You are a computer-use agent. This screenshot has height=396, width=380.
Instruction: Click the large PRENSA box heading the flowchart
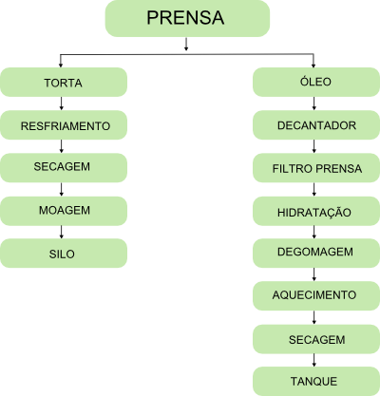coord(187,18)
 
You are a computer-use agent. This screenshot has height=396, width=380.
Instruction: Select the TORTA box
coord(64,82)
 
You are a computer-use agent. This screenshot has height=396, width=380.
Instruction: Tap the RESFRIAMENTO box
coord(64,125)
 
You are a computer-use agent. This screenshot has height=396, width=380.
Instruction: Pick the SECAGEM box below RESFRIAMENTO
coord(64,168)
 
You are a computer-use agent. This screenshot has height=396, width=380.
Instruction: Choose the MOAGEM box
coord(64,211)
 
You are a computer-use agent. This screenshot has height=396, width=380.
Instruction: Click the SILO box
coord(64,254)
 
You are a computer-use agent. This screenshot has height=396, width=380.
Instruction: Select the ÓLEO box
coord(316,82)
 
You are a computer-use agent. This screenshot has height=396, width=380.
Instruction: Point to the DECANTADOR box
coord(316,125)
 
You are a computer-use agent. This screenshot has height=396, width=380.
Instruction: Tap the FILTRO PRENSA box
coord(316,168)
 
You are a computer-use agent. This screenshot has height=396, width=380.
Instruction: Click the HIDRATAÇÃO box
coord(316,211)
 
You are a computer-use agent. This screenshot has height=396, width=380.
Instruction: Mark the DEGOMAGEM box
coord(316,254)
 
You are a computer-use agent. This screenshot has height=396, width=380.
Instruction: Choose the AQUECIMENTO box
coord(316,296)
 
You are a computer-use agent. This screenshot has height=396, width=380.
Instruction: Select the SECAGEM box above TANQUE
coord(316,339)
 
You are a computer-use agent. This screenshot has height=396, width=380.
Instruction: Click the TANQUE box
coord(316,382)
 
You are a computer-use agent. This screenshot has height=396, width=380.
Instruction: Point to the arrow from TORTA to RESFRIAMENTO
coord(61,104)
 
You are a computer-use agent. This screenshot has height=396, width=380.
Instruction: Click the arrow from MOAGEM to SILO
coord(61,232)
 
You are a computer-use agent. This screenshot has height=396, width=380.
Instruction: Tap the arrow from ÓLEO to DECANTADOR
coord(313,104)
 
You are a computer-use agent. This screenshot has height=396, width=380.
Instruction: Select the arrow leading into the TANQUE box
coord(313,360)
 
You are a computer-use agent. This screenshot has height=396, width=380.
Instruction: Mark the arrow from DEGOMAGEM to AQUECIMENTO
coord(313,274)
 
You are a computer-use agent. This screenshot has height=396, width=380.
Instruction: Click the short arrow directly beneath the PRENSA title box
coord(186,44)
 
